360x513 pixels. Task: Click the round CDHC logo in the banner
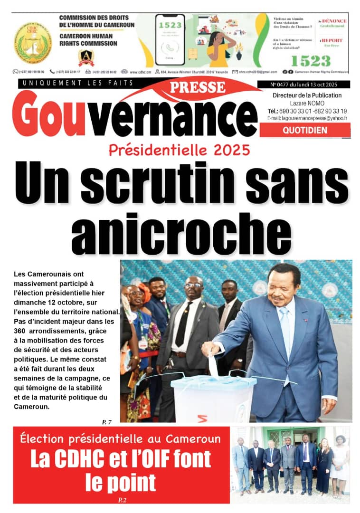[32, 43]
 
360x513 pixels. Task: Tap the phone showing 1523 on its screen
[170, 39]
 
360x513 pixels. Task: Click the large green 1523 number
[310, 60]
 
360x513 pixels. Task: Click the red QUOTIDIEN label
[305, 131]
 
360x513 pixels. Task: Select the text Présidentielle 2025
[179, 151]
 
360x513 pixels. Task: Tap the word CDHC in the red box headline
[75, 460]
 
